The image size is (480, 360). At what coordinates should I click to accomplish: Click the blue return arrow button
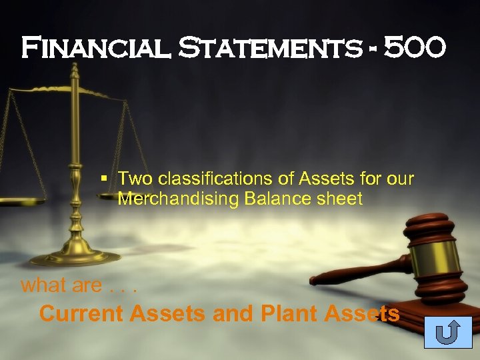click(x=447, y=332)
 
